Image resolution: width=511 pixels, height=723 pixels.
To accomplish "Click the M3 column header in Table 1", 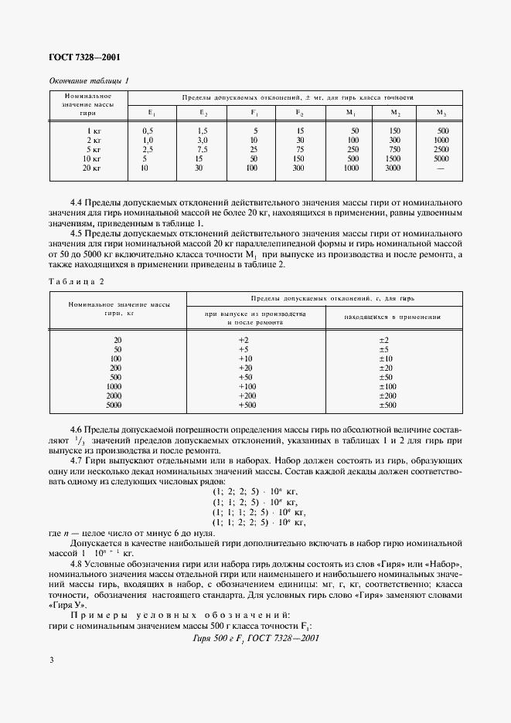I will [x=443, y=113].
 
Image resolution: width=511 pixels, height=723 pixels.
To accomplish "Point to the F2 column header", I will [x=300, y=113].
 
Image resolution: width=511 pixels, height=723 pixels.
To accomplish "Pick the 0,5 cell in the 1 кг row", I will [x=148, y=131].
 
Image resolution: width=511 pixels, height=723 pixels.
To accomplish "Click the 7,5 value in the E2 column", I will [x=203, y=149].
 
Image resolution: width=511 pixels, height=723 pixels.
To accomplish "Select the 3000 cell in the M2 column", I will [x=393, y=167].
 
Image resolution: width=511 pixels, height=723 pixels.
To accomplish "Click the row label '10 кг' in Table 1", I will [x=93, y=158].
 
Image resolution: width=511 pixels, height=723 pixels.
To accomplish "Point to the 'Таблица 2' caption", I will [x=70, y=281].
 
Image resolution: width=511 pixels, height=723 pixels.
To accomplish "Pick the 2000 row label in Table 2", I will [x=114, y=395].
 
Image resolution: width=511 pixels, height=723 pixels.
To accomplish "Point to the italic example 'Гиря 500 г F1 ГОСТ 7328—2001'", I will [x=255, y=637].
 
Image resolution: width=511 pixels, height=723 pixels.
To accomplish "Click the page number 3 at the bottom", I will [x=51, y=661].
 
